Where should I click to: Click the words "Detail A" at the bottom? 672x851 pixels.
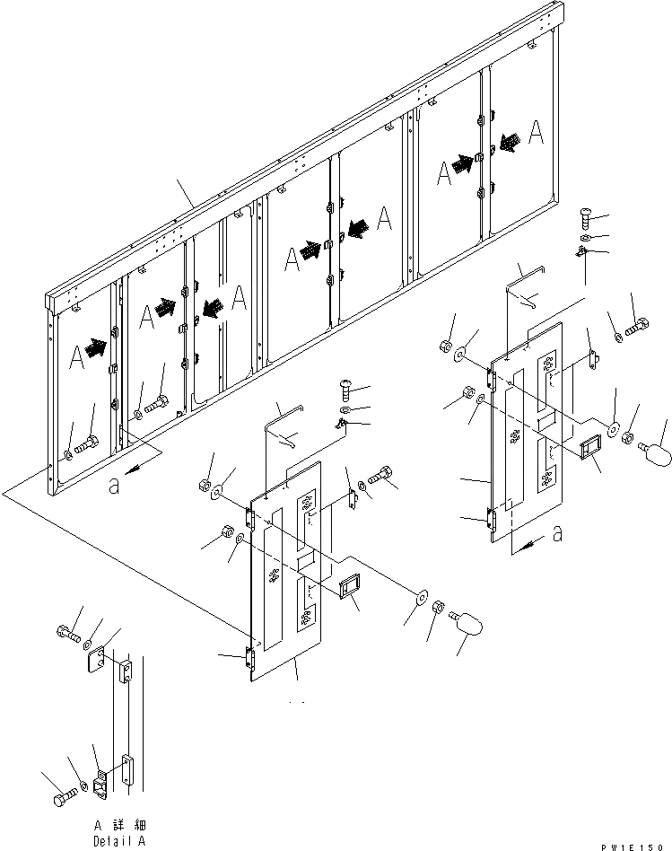pos(120,841)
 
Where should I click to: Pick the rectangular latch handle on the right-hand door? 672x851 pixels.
pos(591,449)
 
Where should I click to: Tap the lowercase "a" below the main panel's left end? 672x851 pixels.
pos(112,487)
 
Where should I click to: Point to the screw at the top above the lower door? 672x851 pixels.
pos(347,390)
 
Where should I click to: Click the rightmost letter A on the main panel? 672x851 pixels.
pos(536,132)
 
